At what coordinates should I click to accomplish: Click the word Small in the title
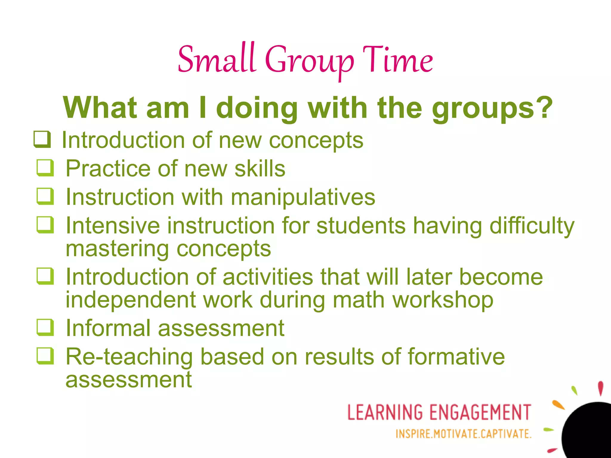(217, 60)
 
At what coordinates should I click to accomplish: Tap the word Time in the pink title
(398, 60)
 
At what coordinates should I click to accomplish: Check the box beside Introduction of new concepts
(42, 139)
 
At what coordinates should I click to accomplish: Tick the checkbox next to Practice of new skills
(45, 168)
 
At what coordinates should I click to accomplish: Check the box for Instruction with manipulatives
(45, 196)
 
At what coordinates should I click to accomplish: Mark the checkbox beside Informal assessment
(45, 327)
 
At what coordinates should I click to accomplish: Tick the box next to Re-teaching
(45, 356)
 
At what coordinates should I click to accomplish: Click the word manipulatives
(303, 197)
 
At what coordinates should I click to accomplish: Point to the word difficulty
(532, 226)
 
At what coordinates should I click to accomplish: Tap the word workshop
(443, 300)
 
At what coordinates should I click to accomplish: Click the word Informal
(108, 328)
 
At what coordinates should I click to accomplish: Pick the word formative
(456, 357)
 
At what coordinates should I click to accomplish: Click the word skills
(260, 169)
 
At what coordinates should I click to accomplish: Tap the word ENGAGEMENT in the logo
(480, 412)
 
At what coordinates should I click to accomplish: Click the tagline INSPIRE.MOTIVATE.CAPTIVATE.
(463, 434)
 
